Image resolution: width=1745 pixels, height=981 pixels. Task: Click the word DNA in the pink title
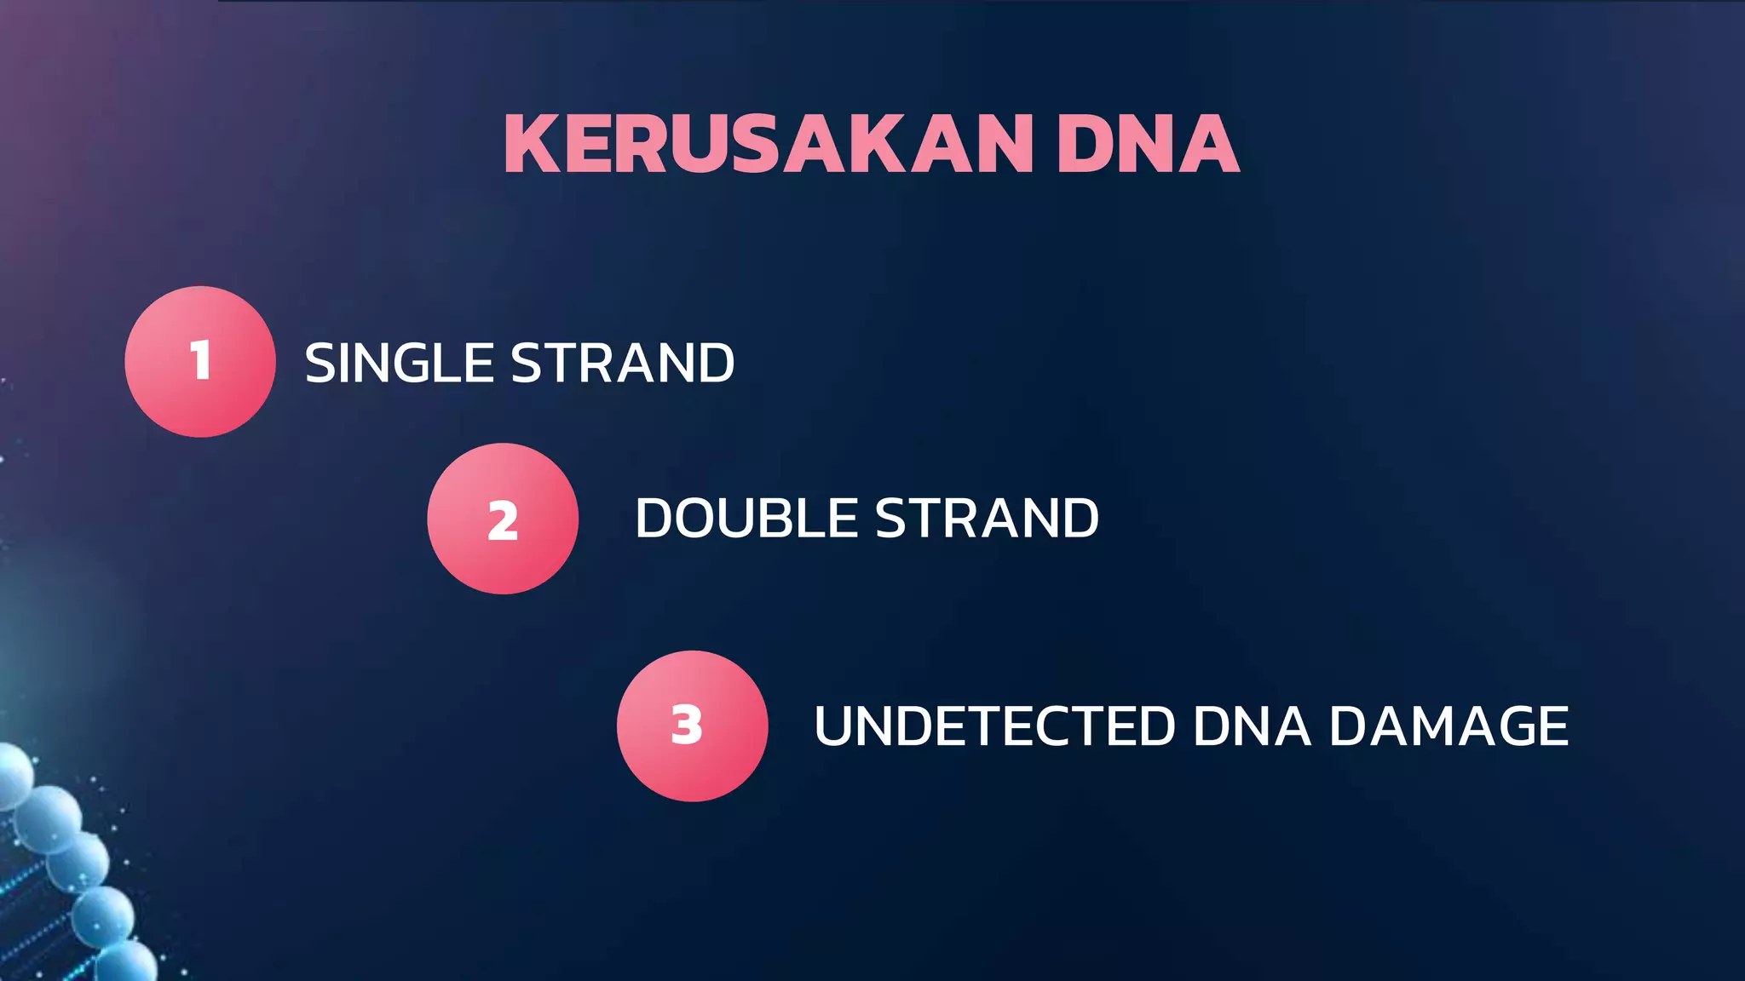click(x=1148, y=144)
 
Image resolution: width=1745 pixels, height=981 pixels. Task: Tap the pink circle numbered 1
click(x=200, y=362)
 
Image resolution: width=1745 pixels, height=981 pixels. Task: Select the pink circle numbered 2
click(x=503, y=519)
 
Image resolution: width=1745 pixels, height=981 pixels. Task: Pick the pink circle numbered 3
click(x=692, y=726)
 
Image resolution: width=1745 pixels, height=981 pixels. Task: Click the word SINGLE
click(x=399, y=363)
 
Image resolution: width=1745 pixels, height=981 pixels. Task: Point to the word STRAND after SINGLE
click(x=622, y=363)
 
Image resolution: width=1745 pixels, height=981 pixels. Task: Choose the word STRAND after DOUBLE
click(x=987, y=518)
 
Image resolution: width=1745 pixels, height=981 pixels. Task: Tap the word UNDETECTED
click(x=994, y=726)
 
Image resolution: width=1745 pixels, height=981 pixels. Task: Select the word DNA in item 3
click(x=1252, y=726)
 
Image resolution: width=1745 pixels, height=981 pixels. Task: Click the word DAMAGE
click(x=1448, y=726)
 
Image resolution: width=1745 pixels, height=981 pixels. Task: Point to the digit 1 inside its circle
click(x=200, y=360)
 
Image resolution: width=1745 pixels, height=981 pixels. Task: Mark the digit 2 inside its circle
click(x=503, y=520)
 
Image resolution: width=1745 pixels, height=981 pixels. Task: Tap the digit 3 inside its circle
click(x=687, y=726)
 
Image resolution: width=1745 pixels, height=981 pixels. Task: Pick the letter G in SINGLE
click(x=418, y=363)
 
